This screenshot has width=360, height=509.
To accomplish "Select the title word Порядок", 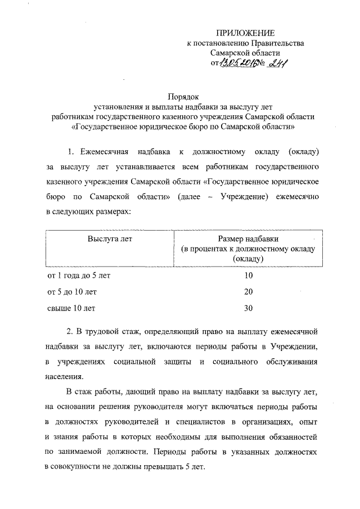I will click(183, 97).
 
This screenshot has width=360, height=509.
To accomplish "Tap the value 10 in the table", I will click(249, 276).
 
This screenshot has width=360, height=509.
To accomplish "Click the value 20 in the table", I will click(249, 292).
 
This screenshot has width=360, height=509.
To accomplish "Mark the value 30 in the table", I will click(249, 308).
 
